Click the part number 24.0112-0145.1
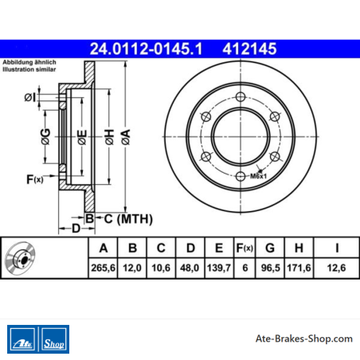pos(146,49)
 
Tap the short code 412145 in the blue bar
pos(249,49)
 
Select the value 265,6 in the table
pos(103,268)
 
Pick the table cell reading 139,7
pos(219,268)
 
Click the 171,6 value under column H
pos(299,268)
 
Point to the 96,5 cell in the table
pos(270,268)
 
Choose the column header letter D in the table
pos(190,248)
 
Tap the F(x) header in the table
pos(245,248)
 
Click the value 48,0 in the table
pos(190,268)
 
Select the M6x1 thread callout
pos(258,176)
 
